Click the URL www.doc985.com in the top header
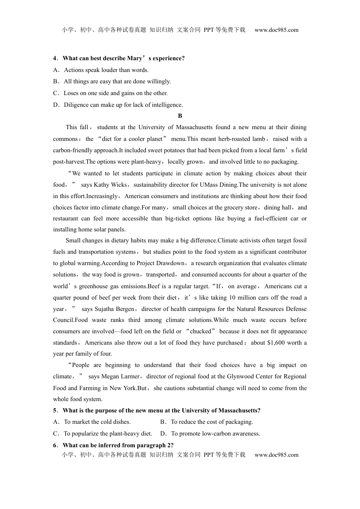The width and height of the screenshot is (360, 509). [x=276, y=30]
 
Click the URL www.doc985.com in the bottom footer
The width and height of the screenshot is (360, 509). [x=276, y=455]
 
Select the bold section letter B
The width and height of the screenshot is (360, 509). [x=180, y=116]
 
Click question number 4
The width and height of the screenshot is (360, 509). [x=55, y=58]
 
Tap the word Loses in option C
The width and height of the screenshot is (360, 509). [x=71, y=93]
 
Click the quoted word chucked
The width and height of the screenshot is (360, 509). [x=200, y=331]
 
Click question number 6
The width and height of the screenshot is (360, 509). [x=55, y=445]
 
